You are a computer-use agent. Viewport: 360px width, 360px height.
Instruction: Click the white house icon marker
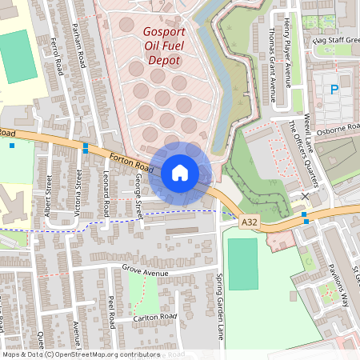click(x=180, y=172)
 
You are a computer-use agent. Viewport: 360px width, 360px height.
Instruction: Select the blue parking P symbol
click(x=334, y=90)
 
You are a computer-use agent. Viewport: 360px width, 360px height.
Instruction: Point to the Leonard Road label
click(x=106, y=197)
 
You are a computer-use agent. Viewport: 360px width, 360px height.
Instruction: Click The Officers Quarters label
click(x=303, y=151)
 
